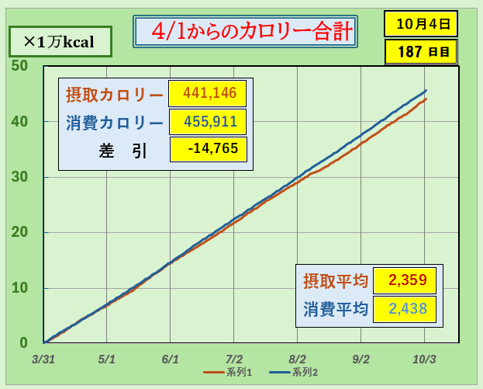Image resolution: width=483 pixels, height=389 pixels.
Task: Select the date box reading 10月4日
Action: point(421,23)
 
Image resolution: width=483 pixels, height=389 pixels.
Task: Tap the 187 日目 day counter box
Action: point(421,52)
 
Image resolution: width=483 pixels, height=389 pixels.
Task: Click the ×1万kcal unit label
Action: point(58,42)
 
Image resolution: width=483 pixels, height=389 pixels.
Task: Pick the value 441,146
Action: point(208,94)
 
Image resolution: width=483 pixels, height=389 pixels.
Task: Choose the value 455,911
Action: point(208,122)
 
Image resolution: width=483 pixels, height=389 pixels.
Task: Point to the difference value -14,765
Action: point(208,149)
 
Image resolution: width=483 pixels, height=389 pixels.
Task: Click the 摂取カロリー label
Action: point(114,95)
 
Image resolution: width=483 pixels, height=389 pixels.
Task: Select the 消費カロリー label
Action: point(114,123)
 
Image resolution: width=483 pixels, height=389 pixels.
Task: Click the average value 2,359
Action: point(404,280)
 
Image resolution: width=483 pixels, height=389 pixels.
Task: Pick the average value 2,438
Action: point(404,309)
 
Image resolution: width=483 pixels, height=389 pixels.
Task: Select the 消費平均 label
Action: point(334,309)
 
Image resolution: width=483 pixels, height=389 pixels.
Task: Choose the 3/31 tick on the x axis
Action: point(43,359)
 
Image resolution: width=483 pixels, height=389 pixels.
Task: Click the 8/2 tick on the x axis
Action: point(298,359)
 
